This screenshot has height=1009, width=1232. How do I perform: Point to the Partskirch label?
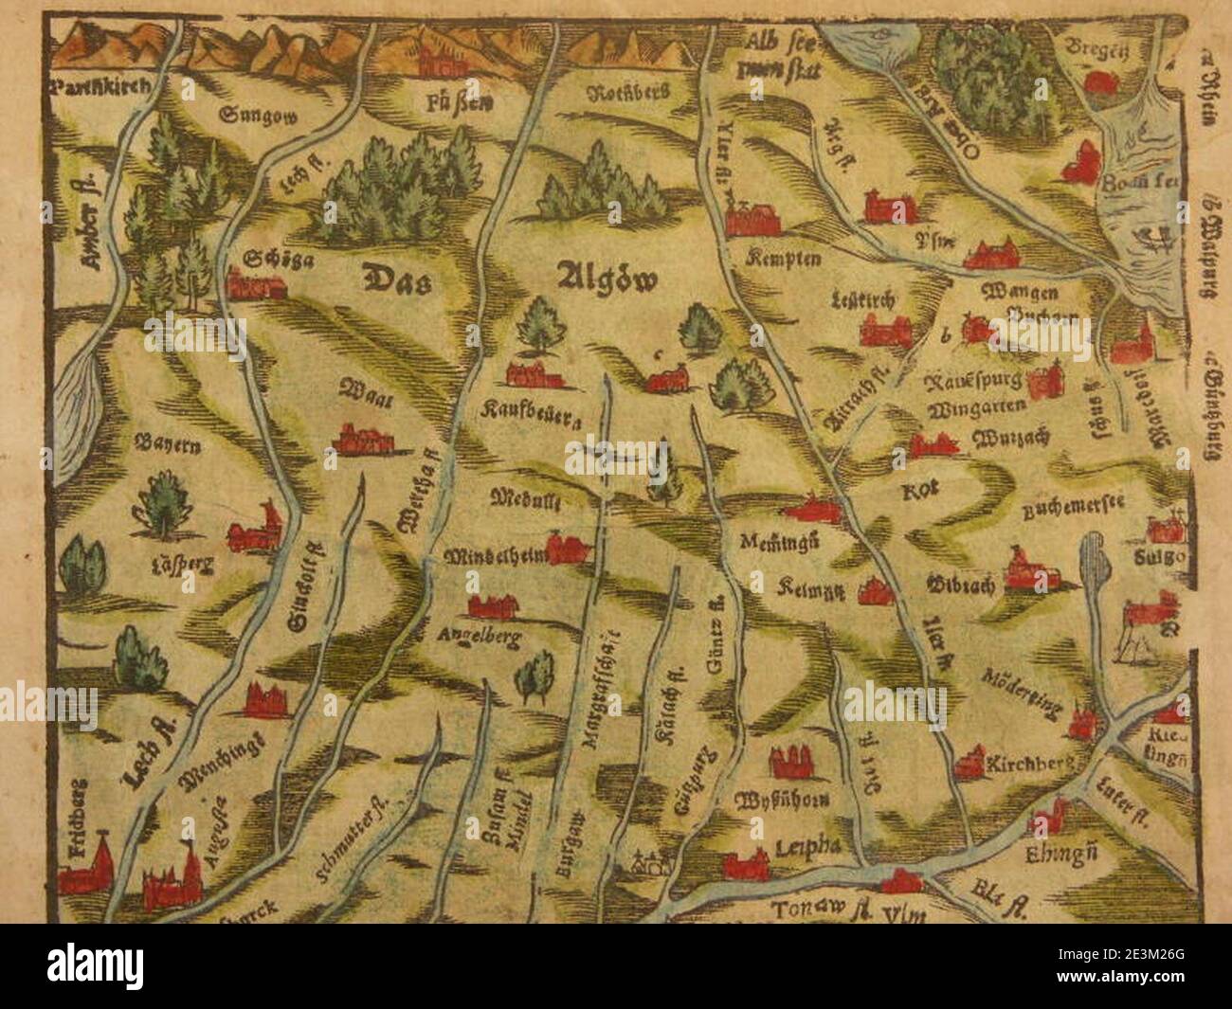98,88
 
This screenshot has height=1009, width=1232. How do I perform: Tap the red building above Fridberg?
85,866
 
